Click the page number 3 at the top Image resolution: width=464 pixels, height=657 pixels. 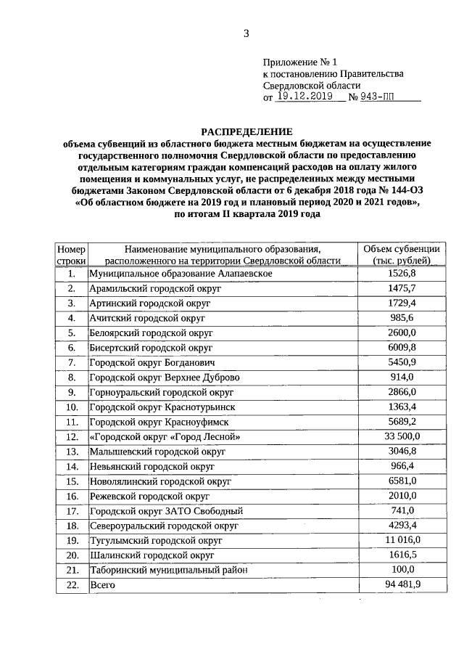click(x=246, y=33)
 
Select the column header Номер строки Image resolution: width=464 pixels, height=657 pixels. click(x=71, y=254)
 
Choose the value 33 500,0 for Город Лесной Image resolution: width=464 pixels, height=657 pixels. click(x=401, y=436)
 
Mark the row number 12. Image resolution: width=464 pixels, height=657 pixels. click(x=71, y=436)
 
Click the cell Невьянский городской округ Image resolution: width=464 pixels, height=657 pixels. click(x=152, y=466)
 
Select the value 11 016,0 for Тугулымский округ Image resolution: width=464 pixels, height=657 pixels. click(x=401, y=540)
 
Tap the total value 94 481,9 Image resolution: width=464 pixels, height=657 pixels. click(x=401, y=584)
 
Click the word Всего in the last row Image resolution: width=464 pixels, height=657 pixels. click(x=101, y=584)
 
